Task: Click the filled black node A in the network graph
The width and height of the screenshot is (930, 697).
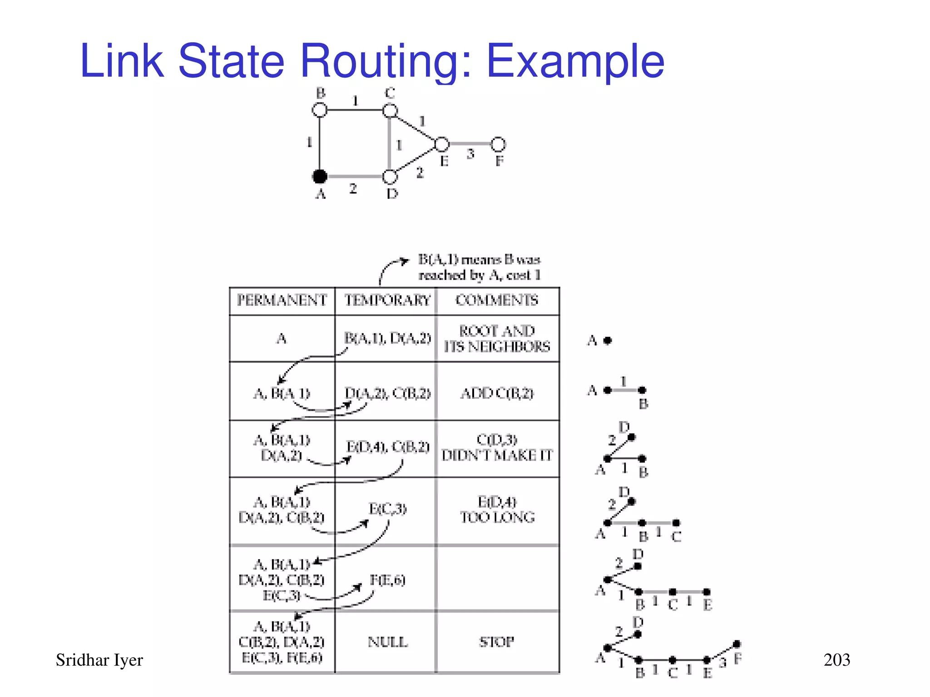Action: pos(320,176)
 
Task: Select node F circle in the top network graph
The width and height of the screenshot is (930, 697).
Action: pos(498,144)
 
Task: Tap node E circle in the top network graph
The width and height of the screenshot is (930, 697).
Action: pos(442,144)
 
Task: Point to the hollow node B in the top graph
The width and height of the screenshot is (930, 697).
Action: pos(320,110)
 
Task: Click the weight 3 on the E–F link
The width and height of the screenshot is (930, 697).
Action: pos(470,154)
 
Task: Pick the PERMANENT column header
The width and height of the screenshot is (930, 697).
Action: pos(282,300)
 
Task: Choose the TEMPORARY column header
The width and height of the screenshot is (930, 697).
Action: pos(387,300)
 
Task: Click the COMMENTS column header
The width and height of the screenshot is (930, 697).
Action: pos(497,300)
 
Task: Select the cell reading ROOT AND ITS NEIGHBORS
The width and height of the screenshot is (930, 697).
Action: pos(497,339)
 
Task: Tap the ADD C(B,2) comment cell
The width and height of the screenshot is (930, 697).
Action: pos(497,393)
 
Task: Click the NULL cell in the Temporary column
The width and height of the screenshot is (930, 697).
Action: pos(387,642)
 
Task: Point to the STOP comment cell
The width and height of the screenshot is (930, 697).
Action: pos(497,642)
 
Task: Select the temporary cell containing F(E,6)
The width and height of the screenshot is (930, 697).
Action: pos(387,580)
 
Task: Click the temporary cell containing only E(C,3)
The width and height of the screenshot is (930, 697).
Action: pos(387,509)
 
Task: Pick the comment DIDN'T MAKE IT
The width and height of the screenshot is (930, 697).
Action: pos(497,455)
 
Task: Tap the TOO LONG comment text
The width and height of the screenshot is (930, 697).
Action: pos(497,517)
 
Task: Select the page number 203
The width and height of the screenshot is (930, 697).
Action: pos(836,660)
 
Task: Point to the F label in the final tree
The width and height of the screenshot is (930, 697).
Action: pos(738,659)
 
